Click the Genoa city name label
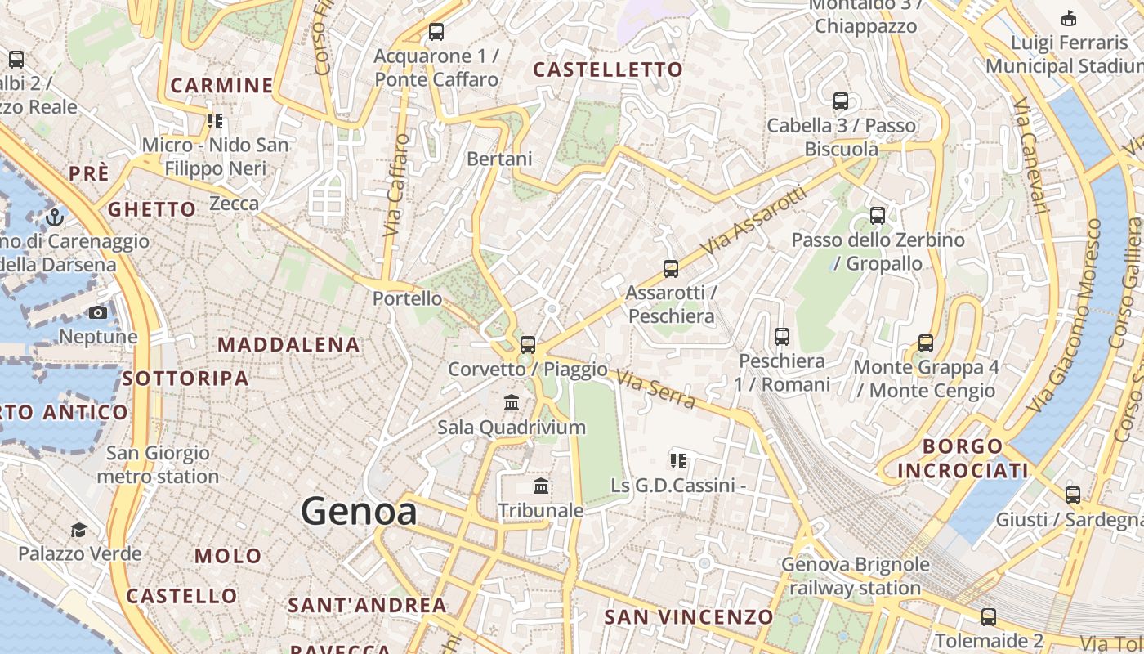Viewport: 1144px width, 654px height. pos(359,512)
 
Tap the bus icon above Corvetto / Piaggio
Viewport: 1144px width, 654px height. pos(528,345)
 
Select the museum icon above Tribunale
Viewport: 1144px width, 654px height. pos(541,487)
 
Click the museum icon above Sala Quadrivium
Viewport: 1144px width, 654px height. pos(512,403)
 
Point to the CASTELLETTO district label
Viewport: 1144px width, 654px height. pos(607,70)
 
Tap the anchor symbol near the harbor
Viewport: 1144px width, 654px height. pos(55,217)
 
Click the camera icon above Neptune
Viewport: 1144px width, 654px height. pos(98,313)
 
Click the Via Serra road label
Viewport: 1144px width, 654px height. pos(655,390)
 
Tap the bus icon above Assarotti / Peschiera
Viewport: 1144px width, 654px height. pos(670,269)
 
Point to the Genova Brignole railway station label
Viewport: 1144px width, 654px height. pos(855,576)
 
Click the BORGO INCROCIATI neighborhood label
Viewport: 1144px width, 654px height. pos(963,459)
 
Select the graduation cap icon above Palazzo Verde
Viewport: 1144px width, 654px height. pos(78,531)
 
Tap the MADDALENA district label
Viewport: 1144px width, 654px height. pos(288,345)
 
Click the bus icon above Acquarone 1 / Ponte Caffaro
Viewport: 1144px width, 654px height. pos(436,33)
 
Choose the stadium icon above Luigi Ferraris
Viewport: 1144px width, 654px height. pos(1068,18)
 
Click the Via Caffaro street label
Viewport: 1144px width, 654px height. pos(396,185)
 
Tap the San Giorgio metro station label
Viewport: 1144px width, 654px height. pos(158,464)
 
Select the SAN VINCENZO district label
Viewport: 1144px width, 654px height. pos(688,617)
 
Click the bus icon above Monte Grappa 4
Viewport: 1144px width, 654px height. pos(925,343)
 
